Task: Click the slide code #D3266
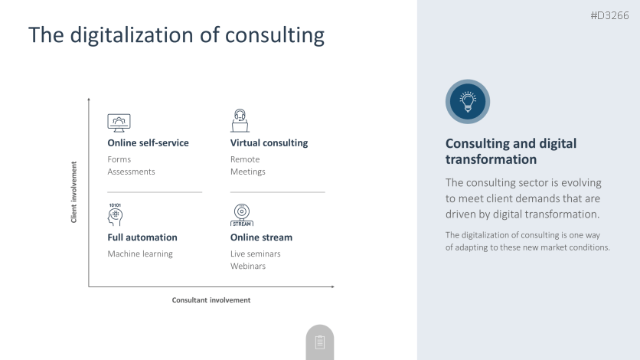[x=609, y=15]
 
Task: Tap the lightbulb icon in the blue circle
[x=468, y=102]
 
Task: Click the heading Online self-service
[x=149, y=143]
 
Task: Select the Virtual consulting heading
[x=269, y=143]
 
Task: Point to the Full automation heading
[x=142, y=237]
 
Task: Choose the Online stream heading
[x=261, y=237]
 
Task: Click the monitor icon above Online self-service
[x=119, y=123]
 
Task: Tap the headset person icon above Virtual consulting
[x=240, y=120]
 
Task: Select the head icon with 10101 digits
[x=115, y=214]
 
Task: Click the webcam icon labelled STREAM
[x=242, y=215]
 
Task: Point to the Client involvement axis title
[x=73, y=192]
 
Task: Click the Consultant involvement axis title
[x=211, y=300]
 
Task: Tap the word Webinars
[x=248, y=266]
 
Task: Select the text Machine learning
[x=140, y=254]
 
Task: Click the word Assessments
[x=131, y=172]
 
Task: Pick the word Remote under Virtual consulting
[x=245, y=159]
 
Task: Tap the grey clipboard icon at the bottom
[x=320, y=342]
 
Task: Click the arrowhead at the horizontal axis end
[x=333, y=286]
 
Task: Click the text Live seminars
[x=256, y=254]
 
